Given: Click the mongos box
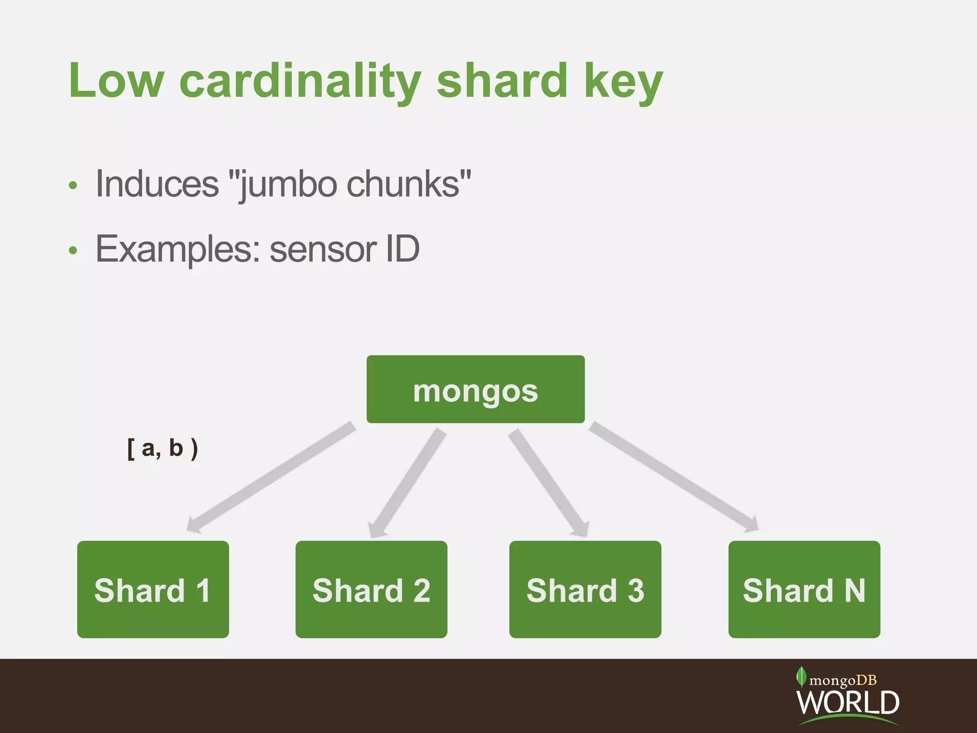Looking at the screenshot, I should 475,389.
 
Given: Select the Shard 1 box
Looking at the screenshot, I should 153,589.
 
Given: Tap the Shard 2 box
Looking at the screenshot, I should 371,589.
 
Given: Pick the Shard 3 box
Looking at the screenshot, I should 585,589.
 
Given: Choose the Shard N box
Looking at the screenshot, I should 804,589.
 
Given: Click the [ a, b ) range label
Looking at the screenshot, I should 163,449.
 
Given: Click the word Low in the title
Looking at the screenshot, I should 116,81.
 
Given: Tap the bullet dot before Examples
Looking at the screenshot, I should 73,250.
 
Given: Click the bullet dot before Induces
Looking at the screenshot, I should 73,185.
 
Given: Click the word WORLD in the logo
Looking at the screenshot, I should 848,702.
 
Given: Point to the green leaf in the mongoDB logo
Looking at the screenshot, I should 801,677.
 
